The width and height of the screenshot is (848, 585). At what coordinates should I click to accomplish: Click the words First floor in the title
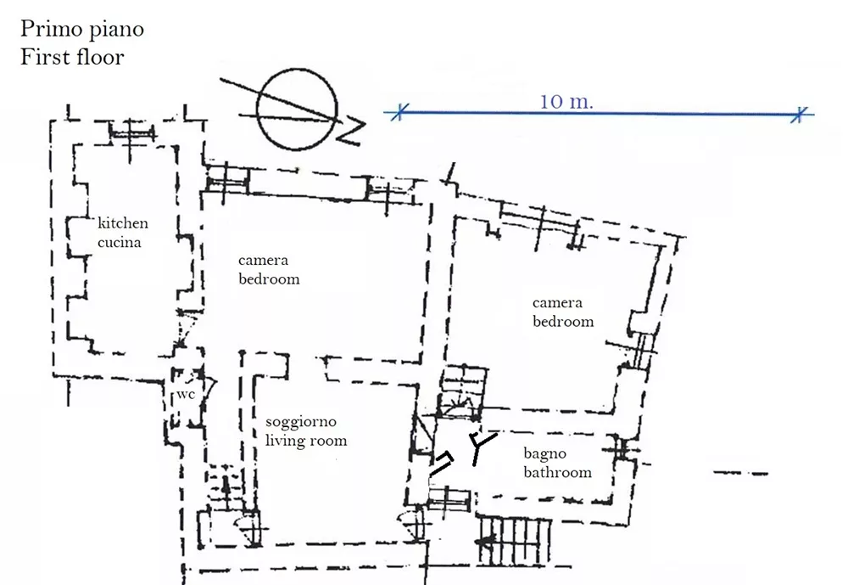coord(72,57)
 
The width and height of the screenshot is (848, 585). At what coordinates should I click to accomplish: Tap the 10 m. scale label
coord(566,101)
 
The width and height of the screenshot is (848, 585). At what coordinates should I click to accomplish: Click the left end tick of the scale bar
coord(399,113)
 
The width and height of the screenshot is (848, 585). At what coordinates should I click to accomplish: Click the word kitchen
coord(123,223)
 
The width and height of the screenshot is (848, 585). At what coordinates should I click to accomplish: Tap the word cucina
coord(120,242)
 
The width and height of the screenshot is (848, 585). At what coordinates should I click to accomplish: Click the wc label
coord(186,394)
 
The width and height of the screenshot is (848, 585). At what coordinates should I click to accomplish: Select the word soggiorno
coord(301,423)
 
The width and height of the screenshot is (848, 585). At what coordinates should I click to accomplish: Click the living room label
coord(306,441)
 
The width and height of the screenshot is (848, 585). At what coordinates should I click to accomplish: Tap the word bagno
coord(544,454)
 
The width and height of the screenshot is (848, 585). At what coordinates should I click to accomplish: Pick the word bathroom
coord(558,472)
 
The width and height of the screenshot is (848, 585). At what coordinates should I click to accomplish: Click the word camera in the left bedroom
coord(264,261)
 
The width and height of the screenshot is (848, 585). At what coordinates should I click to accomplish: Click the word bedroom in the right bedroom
coord(563,321)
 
